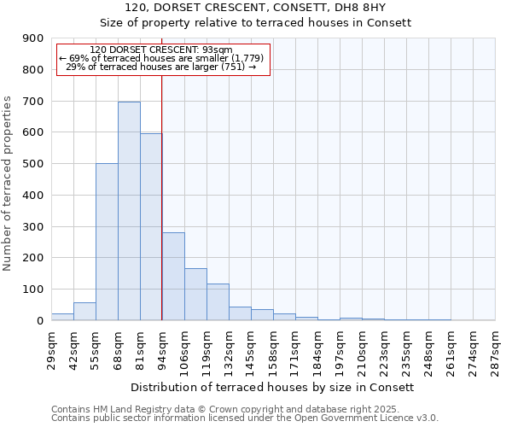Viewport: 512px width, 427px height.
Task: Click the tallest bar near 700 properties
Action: [x=129, y=211]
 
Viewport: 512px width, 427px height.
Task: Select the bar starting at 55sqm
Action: [x=107, y=242]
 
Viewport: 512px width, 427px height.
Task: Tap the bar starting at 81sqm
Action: [x=151, y=226]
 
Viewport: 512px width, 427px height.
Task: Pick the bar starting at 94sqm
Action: [x=173, y=276]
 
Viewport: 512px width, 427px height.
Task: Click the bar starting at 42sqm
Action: [x=84, y=312]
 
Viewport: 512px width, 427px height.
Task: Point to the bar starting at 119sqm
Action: [x=218, y=302]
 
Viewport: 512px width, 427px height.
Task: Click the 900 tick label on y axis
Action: [x=33, y=38]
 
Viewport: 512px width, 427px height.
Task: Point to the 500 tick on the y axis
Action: [x=33, y=164]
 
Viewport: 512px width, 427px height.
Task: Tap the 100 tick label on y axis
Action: [x=33, y=290]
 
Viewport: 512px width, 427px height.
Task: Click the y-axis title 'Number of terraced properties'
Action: [x=8, y=184]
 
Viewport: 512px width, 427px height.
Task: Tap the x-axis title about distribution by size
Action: [x=273, y=387]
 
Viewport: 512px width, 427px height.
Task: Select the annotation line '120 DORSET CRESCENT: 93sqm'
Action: [x=160, y=50]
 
